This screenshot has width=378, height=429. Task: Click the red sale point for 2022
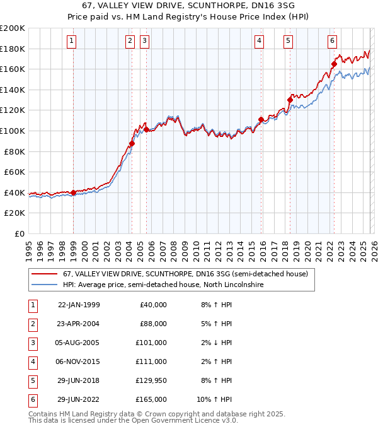[334, 64]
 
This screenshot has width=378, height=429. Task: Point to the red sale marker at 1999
[73, 192]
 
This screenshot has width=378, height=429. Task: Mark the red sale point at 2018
[290, 100]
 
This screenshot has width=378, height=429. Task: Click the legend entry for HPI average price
[163, 285]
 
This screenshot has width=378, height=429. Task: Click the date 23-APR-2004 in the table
[78, 324]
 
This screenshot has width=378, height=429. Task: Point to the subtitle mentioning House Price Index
[189, 16]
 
